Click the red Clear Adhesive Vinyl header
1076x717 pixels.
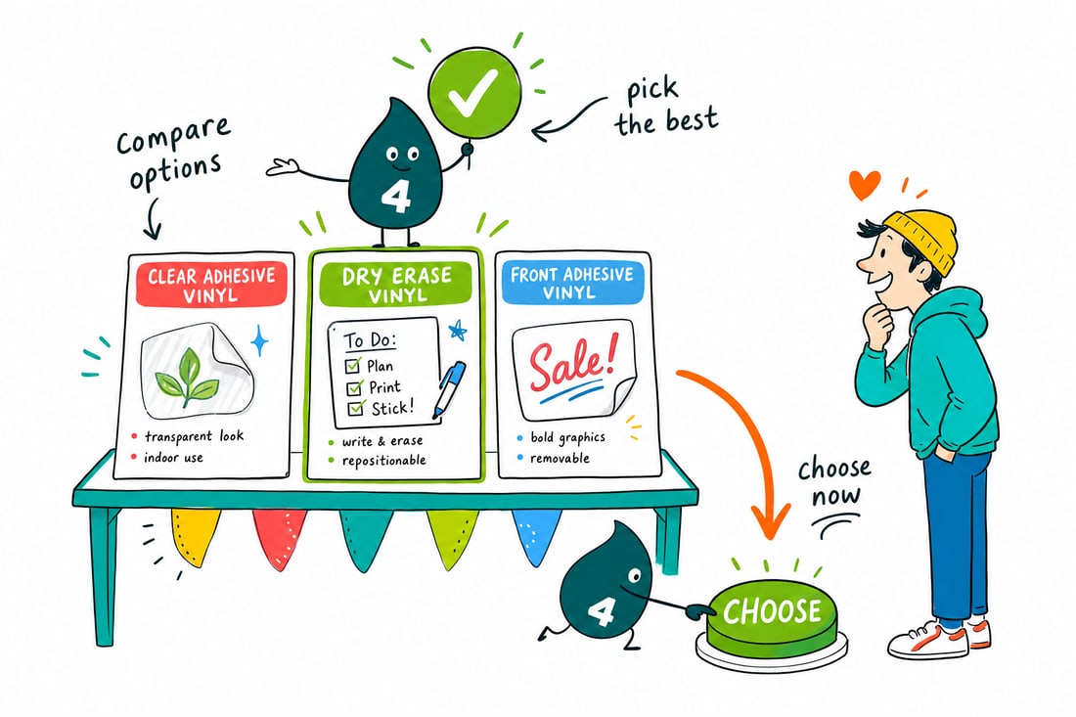pyautogui.click(x=211, y=284)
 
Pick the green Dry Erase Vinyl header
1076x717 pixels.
pyautogui.click(x=396, y=284)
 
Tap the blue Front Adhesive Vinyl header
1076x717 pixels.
pyautogui.click(x=571, y=282)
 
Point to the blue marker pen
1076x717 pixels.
pyautogui.click(x=448, y=389)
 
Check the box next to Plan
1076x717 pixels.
pyautogui.click(x=353, y=365)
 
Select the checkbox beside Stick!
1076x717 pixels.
pyautogui.click(x=356, y=409)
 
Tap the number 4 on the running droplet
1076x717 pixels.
pyautogui.click(x=601, y=611)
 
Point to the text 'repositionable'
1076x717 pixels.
pyautogui.click(x=383, y=461)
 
